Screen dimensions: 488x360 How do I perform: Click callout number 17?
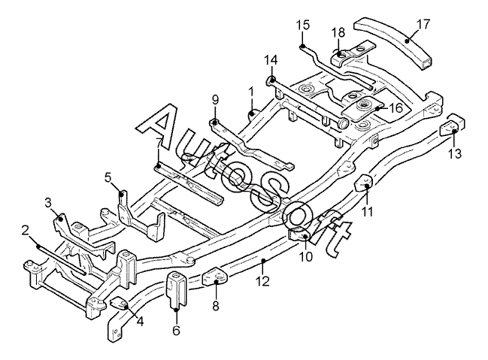[423, 24]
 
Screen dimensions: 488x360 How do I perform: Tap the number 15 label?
[303, 25]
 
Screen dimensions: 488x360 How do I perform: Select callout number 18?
[338, 32]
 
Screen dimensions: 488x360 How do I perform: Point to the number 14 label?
[271, 60]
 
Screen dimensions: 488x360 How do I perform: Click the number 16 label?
[396, 108]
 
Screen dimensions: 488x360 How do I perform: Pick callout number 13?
[455, 154]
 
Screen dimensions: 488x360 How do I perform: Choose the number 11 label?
[367, 212]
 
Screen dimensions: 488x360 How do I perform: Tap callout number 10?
[305, 257]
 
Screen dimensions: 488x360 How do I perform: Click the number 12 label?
[262, 281]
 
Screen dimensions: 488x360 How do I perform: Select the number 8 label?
[216, 305]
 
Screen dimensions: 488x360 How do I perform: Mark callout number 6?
[176, 330]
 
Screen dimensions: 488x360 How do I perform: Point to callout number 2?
[26, 231]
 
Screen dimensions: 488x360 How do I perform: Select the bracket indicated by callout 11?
[364, 183]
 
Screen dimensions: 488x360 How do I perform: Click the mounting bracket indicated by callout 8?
[215, 277]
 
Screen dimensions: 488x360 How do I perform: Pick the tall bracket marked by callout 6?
[177, 289]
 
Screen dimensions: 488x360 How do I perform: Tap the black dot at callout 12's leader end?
[263, 261]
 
